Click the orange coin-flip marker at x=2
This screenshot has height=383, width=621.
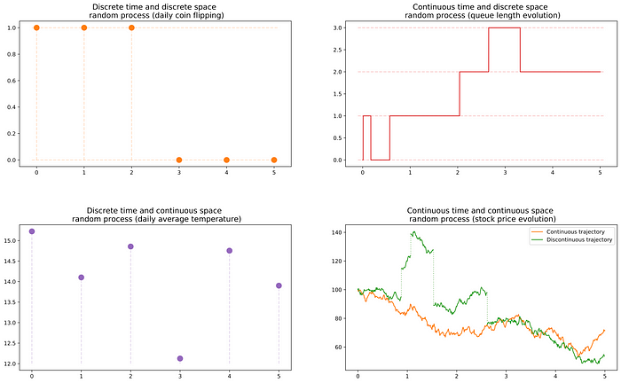point(131,27)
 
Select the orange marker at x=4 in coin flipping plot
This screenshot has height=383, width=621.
point(226,160)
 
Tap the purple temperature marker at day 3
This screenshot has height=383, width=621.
point(180,358)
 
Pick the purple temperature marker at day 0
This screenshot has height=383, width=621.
point(32,231)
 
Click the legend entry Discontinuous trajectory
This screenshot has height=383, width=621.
point(568,240)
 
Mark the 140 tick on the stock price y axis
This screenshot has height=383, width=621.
point(336,232)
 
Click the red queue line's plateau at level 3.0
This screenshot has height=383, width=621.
point(504,27)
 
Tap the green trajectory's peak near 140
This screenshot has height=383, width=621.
point(413,232)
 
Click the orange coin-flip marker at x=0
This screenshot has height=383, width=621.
point(36,27)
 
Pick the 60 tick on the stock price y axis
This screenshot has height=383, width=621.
point(339,347)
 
